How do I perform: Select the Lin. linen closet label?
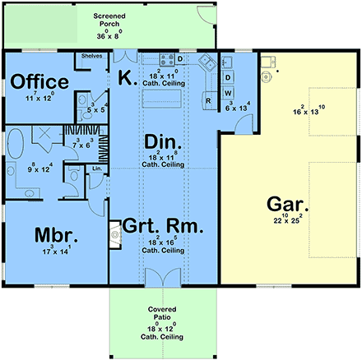[x=97, y=168]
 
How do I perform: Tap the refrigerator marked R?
[x=209, y=101]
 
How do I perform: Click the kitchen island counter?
[x=161, y=99]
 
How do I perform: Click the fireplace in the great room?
[x=114, y=233]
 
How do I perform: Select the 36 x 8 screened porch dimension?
[x=109, y=35]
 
